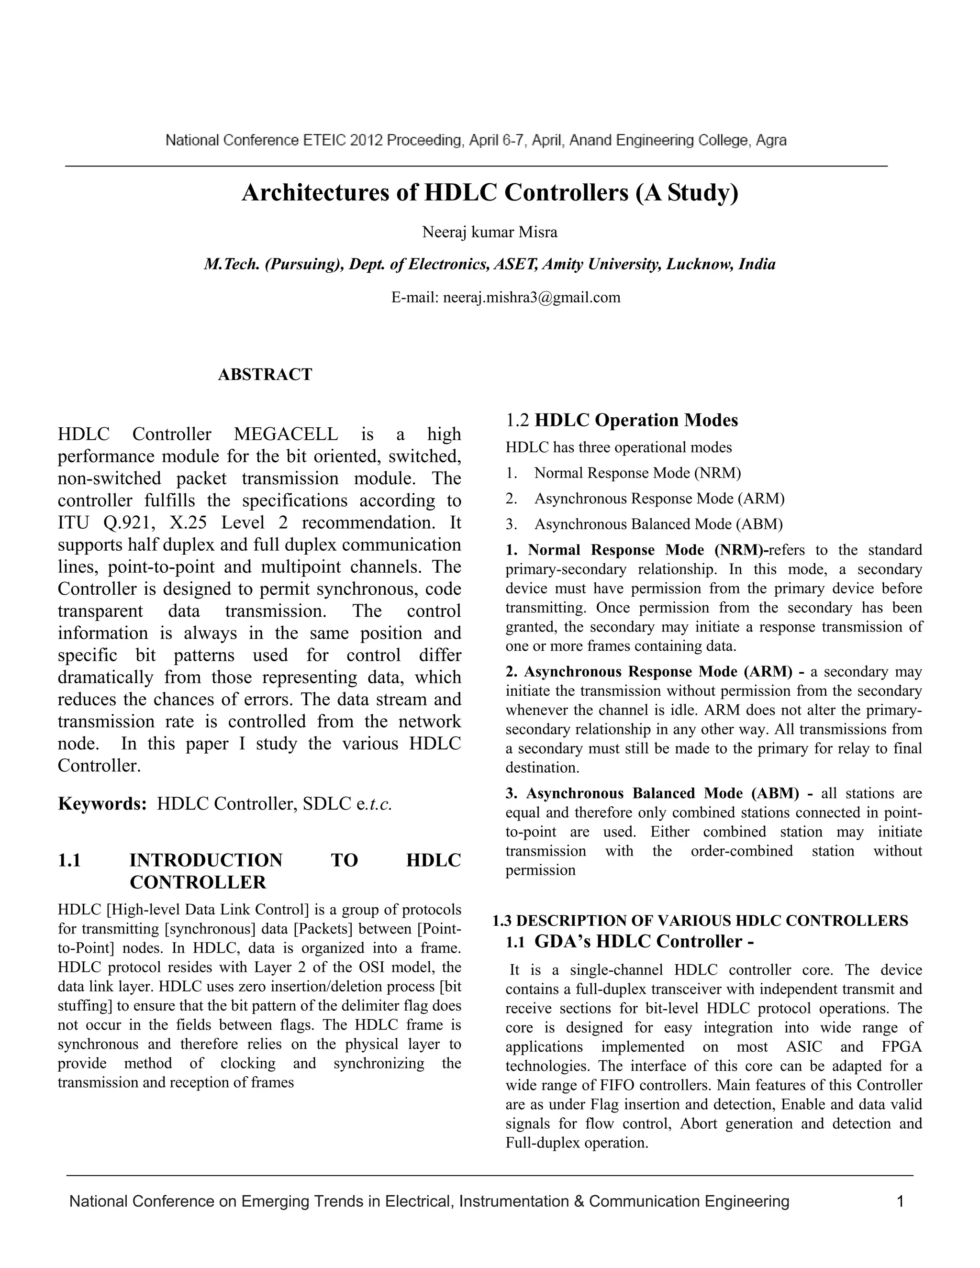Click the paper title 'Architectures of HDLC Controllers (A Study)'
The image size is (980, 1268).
tap(490, 193)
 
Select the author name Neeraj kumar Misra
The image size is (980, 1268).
tap(490, 232)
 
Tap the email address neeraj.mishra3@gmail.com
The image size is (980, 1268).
tap(531, 298)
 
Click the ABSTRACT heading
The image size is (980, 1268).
tap(265, 375)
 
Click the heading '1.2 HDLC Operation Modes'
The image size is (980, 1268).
tap(622, 420)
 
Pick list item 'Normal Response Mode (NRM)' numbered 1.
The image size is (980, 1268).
tap(637, 473)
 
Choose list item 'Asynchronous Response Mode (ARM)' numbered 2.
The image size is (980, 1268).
tap(659, 498)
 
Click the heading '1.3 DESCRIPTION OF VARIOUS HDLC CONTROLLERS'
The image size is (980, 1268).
tap(700, 920)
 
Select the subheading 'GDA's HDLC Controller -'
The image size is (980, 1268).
tap(643, 941)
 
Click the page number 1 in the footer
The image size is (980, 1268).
tap(900, 1201)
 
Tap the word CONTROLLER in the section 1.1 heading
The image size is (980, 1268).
tap(198, 882)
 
